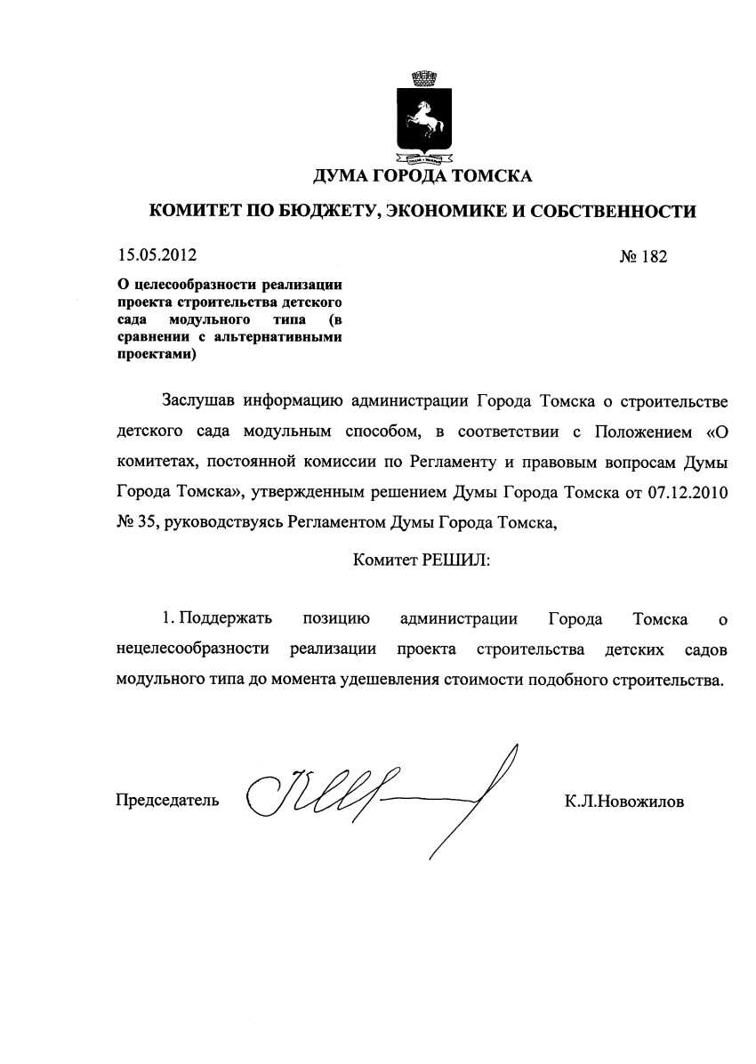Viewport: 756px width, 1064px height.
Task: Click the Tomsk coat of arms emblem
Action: click(x=422, y=115)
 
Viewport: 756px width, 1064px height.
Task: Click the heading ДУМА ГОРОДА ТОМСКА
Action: click(x=422, y=175)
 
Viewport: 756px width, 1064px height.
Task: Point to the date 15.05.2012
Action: click(x=156, y=256)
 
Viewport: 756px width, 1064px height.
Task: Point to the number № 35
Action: click(x=136, y=523)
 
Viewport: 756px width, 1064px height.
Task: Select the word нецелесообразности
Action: click(x=192, y=650)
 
